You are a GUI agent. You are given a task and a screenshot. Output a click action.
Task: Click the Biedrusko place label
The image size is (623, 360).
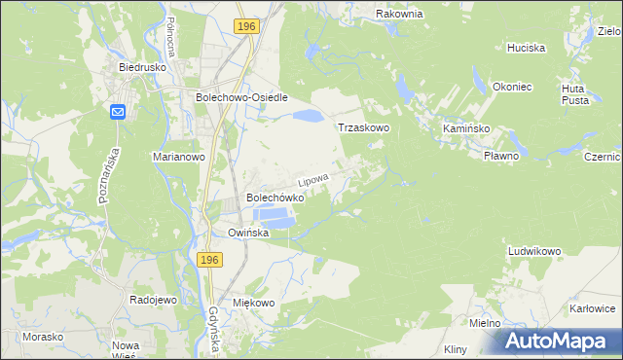tap(138, 68)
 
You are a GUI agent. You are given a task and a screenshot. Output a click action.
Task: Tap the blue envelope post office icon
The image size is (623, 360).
tap(118, 112)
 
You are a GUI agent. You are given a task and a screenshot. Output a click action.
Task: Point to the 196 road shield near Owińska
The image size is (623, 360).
tap(209, 260)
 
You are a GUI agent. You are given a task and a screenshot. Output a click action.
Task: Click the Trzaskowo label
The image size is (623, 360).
tap(363, 127)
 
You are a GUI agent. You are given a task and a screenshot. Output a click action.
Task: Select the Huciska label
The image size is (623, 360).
tap(526, 47)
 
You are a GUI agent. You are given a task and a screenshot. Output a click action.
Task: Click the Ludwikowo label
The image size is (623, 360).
tap(534, 251)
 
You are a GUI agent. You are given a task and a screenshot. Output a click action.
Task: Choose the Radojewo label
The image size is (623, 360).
tap(153, 301)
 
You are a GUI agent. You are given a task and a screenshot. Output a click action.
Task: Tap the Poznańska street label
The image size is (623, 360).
tap(109, 175)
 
